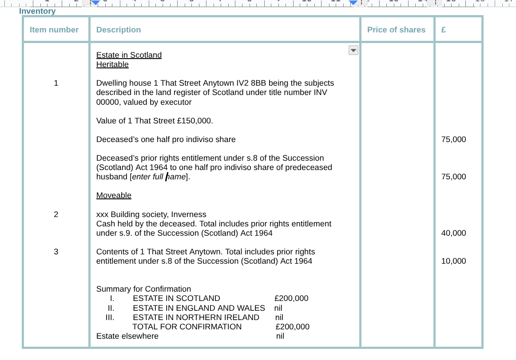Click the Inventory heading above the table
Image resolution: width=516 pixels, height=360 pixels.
[x=37, y=11]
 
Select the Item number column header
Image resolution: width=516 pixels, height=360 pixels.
[x=54, y=30]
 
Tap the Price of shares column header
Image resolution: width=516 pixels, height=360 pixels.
[x=396, y=30]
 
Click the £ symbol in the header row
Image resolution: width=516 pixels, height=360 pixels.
[x=443, y=30]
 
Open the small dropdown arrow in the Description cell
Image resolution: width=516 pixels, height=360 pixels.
[x=353, y=50]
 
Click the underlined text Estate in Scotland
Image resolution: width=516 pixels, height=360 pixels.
[x=129, y=55]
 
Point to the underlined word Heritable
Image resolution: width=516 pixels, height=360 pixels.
[x=112, y=64]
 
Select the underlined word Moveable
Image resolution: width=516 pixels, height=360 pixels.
[x=114, y=195]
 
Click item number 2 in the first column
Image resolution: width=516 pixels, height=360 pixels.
[x=56, y=214]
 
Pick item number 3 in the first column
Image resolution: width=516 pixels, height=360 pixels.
[x=56, y=252]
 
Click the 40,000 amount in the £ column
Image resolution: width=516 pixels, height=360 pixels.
[x=453, y=233]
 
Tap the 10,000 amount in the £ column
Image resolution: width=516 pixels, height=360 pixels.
[x=453, y=261]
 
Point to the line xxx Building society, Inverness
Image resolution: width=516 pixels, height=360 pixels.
[x=151, y=214]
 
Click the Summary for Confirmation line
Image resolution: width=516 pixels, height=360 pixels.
[x=143, y=289]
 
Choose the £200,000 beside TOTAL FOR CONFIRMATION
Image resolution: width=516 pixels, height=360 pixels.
[x=292, y=327]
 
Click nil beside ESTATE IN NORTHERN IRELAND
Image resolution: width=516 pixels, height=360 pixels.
[x=279, y=317]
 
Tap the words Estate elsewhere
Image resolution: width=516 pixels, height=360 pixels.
[x=127, y=336]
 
